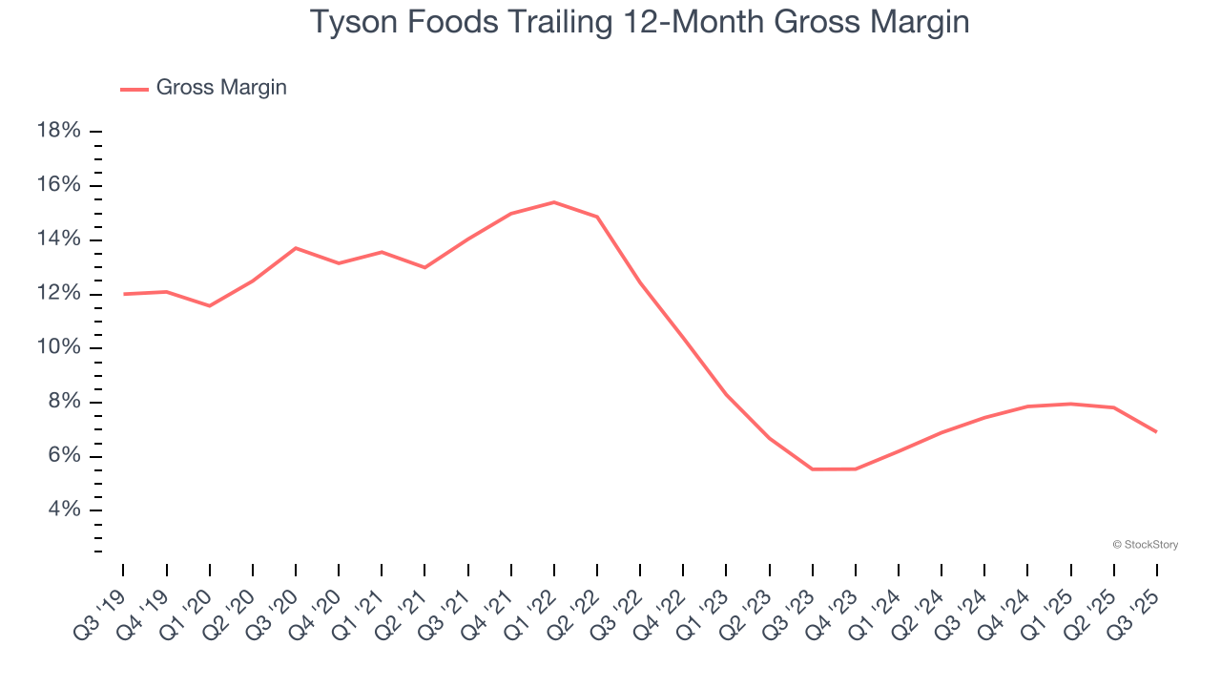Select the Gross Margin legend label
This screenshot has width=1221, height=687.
click(x=221, y=88)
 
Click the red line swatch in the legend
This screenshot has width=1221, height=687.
click(x=135, y=89)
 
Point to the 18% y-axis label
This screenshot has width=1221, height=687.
click(x=58, y=131)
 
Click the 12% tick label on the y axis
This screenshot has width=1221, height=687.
click(x=58, y=293)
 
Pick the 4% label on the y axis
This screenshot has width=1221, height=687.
click(x=64, y=510)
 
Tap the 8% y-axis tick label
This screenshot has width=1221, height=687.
click(x=64, y=402)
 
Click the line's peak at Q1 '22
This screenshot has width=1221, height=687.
click(x=554, y=202)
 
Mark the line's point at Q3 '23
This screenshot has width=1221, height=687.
click(x=813, y=468)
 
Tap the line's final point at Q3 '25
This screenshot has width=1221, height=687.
click(x=1156, y=431)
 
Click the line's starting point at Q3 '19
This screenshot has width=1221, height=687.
click(x=124, y=294)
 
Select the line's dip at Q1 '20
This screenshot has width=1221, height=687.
click(x=210, y=305)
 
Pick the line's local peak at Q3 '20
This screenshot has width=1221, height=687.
click(x=296, y=248)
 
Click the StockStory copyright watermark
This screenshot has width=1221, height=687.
click(x=1145, y=545)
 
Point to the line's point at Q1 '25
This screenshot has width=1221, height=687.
click(x=1070, y=404)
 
